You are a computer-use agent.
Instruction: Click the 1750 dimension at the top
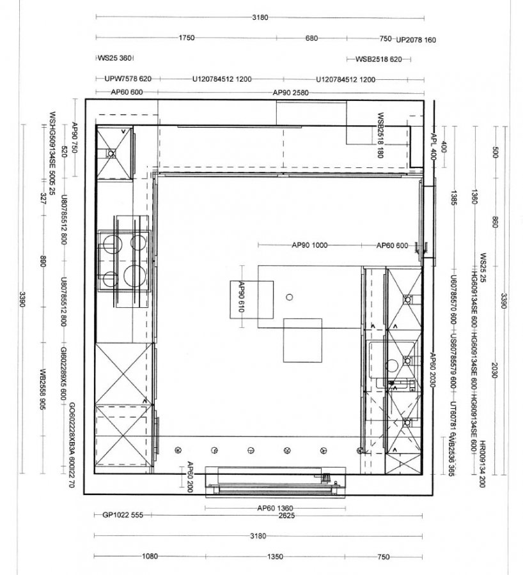click(186, 38)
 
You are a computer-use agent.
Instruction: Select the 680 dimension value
click(311, 38)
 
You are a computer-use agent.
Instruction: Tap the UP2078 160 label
click(416, 40)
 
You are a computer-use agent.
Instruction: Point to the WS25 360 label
click(114, 58)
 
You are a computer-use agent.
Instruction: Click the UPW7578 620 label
click(127, 79)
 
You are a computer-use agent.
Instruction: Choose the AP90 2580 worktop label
click(290, 93)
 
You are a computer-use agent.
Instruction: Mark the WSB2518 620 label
click(379, 59)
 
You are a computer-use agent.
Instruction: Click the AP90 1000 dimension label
click(309, 245)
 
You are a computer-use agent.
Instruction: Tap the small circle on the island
click(289, 297)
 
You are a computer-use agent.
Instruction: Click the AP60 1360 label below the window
click(275, 508)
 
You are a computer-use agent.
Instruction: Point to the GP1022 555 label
click(123, 515)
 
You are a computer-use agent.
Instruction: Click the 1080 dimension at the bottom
click(149, 556)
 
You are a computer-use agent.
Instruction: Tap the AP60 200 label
click(189, 477)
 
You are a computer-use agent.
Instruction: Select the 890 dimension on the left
click(43, 263)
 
